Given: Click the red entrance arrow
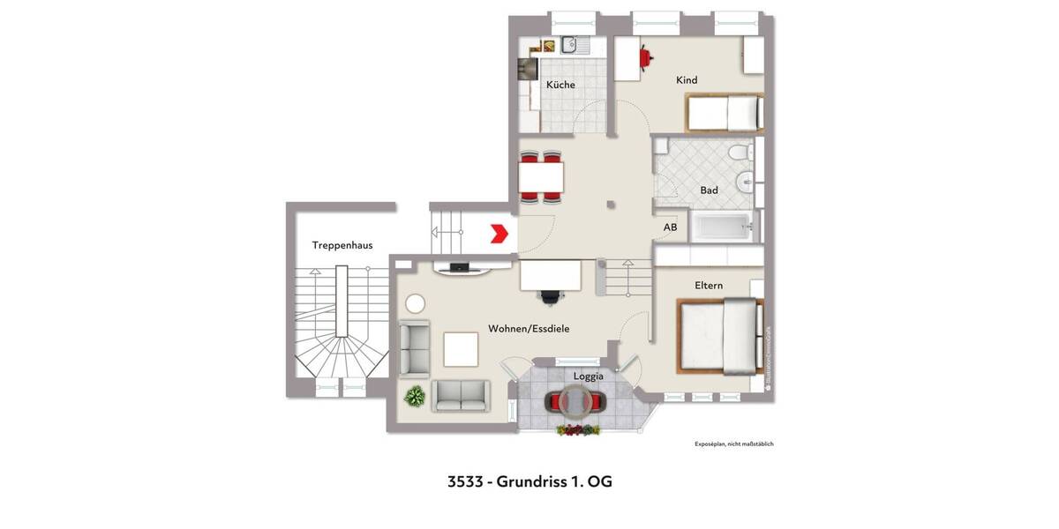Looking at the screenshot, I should (500, 234).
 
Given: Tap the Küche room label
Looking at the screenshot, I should (560, 85).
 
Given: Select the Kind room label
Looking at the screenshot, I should (687, 80).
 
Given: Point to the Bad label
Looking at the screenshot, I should (709, 190).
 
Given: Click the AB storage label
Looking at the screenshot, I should (671, 227).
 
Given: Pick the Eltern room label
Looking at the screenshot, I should (709, 286).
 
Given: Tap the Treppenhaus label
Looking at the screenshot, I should (342, 245).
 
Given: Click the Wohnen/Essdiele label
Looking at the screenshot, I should (529, 329).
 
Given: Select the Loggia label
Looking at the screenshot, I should (589, 376).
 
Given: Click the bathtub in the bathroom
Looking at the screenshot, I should (723, 227).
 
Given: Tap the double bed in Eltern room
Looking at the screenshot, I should (719, 335).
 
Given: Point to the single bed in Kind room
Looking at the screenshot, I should (725, 113).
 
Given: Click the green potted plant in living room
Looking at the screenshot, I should (414, 397).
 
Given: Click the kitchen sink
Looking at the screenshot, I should (568, 43).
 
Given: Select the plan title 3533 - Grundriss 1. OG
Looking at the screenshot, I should (529, 481).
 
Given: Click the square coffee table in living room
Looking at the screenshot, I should (461, 348).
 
